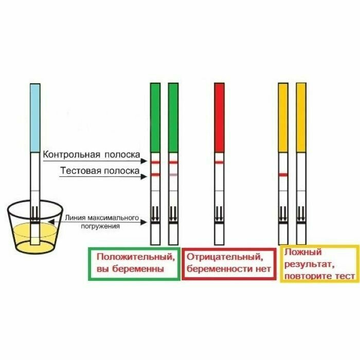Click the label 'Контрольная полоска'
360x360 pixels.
pyautogui.click(x=92, y=154)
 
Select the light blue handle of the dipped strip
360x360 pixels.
pyautogui.click(x=34, y=118)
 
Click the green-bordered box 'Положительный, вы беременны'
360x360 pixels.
pyautogui.click(x=134, y=263)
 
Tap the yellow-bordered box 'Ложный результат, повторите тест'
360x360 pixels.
pyautogui.click(x=319, y=264)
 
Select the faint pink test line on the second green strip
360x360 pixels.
pyautogui.click(x=173, y=175)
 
